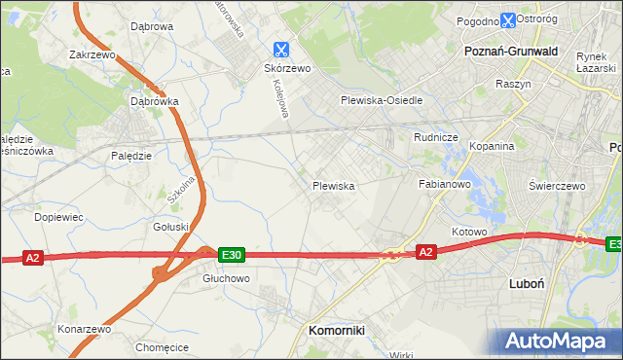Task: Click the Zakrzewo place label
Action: (92, 55)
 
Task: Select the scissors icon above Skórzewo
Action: (281, 49)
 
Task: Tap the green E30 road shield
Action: (230, 255)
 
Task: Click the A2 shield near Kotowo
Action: (425, 252)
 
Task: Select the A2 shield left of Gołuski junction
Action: (33, 258)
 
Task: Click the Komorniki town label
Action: (336, 331)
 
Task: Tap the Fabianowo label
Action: (445, 183)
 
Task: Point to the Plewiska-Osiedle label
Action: (381, 100)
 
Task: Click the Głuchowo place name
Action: (227, 277)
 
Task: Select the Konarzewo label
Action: (85, 329)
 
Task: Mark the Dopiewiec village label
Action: (59, 217)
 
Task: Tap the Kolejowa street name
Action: (278, 98)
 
